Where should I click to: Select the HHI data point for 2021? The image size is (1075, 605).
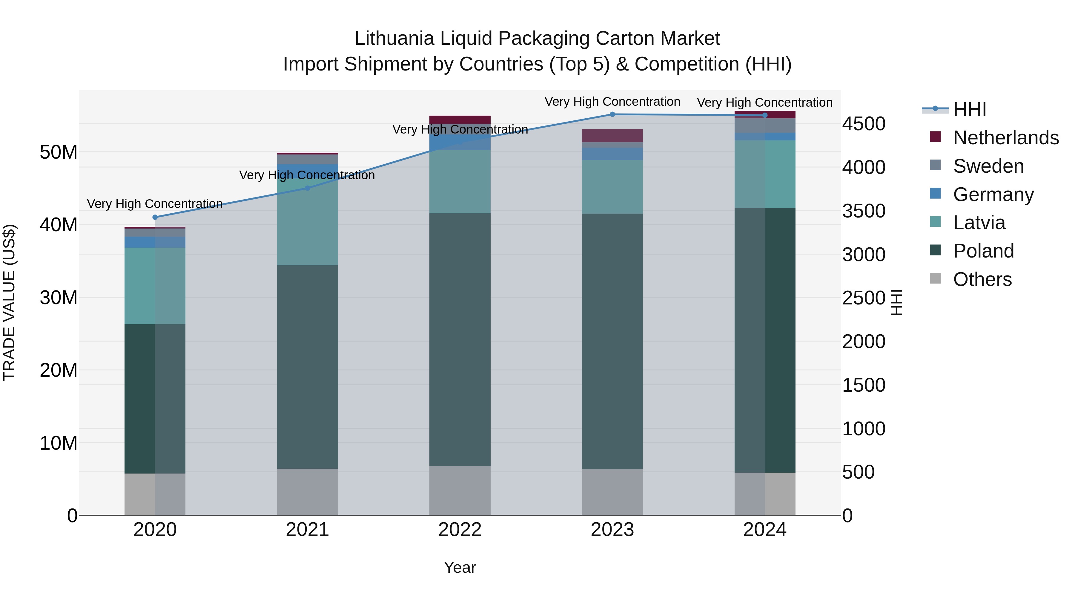[x=308, y=188]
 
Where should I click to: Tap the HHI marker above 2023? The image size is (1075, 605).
[x=612, y=114]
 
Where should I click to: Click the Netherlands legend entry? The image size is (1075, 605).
[x=1006, y=138]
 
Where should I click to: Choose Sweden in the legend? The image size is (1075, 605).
[x=988, y=166]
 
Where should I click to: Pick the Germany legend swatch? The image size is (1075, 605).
[x=935, y=194]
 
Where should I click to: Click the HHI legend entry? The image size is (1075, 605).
[x=969, y=109]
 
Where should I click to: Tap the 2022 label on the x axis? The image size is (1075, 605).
[x=460, y=530]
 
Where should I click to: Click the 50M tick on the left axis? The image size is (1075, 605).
[x=59, y=152]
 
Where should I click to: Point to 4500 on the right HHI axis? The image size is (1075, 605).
[x=863, y=124]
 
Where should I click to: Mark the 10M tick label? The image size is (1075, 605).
[x=59, y=443]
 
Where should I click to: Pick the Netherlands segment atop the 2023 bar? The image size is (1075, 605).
[x=612, y=136]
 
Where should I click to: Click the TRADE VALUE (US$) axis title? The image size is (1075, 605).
[x=9, y=303]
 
